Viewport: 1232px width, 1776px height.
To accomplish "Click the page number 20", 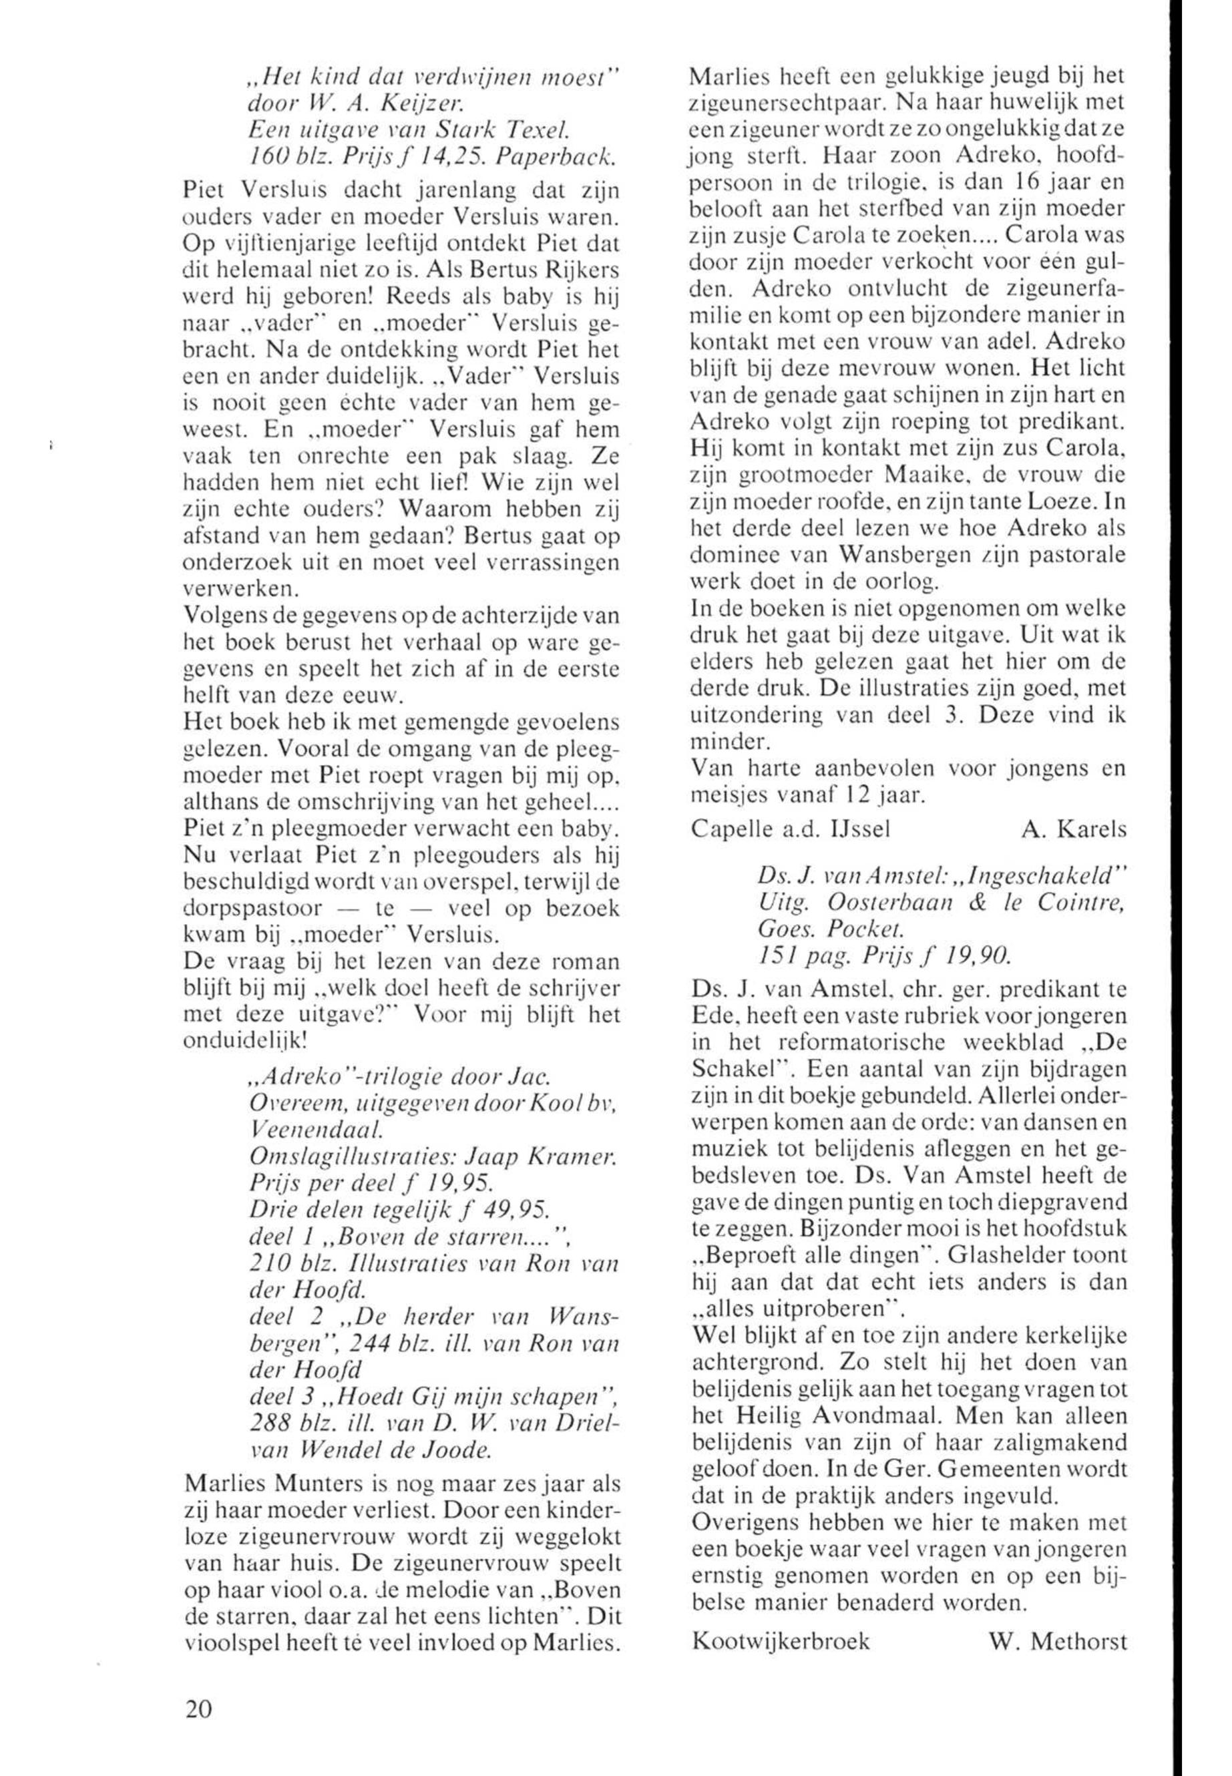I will pos(198,1709).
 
